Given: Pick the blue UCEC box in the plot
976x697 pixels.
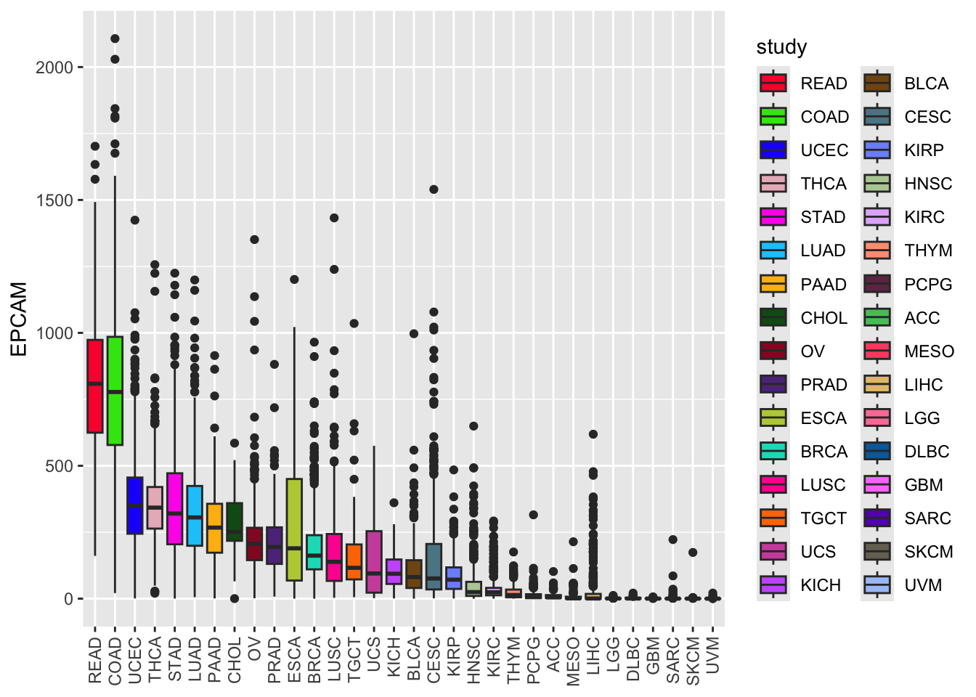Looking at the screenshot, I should pyautogui.click(x=135, y=505).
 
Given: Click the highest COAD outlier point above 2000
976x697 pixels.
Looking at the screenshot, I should pyautogui.click(x=115, y=39).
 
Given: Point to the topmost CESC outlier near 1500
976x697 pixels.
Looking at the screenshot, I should pyautogui.click(x=434, y=189).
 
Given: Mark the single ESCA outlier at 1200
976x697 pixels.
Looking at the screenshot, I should pyautogui.click(x=294, y=280).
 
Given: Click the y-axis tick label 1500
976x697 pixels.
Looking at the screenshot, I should pyautogui.click(x=54, y=200).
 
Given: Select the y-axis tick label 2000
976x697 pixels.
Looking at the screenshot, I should pyautogui.click(x=54, y=68).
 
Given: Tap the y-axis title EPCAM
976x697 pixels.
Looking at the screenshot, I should pyautogui.click(x=20, y=319).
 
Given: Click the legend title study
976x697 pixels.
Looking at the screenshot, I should pyautogui.click(x=781, y=47).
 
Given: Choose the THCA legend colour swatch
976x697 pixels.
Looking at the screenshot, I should pyautogui.click(x=773, y=184).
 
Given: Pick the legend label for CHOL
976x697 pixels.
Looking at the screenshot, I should pyautogui.click(x=823, y=318).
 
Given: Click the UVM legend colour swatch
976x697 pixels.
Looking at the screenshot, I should pyautogui.click(x=877, y=585).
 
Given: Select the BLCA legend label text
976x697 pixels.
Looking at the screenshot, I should pyautogui.click(x=927, y=83).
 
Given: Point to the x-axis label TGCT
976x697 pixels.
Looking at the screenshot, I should pyautogui.click(x=354, y=659).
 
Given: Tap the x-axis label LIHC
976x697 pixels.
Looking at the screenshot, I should pyautogui.click(x=593, y=659).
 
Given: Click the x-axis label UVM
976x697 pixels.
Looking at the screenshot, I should pyautogui.click(x=713, y=659).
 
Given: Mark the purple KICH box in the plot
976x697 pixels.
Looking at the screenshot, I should pyautogui.click(x=394, y=571).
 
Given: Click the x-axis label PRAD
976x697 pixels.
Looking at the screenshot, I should pyautogui.click(x=274, y=659).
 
